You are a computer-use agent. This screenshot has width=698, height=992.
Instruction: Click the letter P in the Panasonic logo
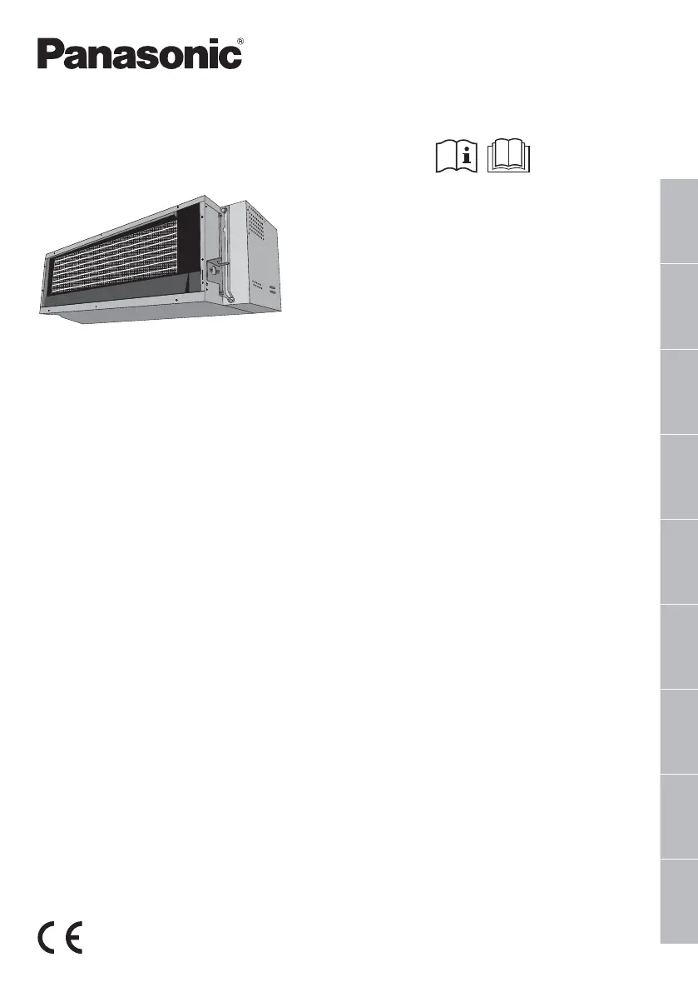tap(49, 56)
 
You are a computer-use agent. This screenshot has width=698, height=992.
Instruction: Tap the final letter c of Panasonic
tap(232, 58)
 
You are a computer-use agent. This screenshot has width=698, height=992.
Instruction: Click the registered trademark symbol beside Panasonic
tap(240, 40)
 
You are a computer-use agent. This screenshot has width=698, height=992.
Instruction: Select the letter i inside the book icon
tap(467, 156)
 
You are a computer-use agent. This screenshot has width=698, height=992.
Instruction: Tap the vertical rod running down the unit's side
tap(224, 250)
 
